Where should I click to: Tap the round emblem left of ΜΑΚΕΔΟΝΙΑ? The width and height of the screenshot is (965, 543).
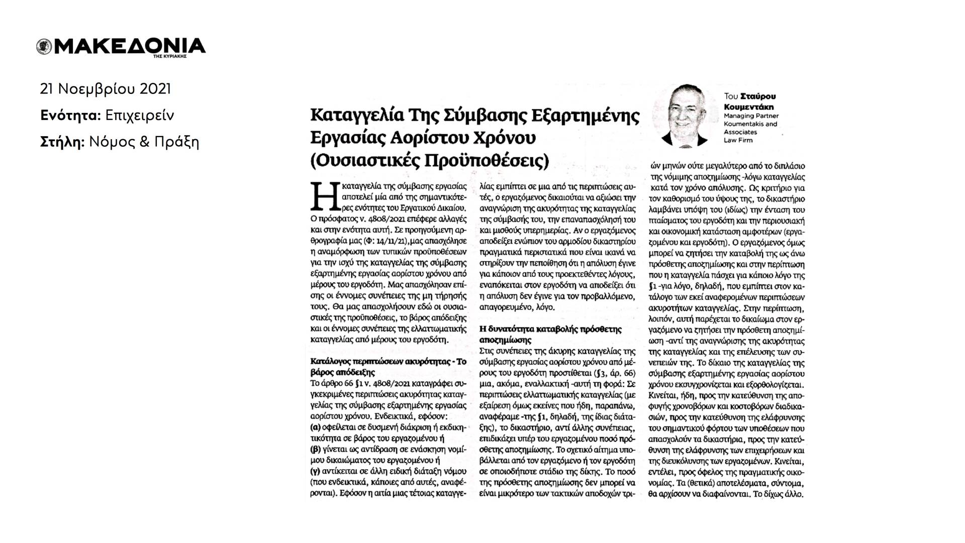tap(43, 47)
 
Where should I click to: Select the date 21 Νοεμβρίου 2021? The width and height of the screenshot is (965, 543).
tap(106, 89)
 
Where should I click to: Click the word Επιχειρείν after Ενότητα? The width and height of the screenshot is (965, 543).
tap(140, 116)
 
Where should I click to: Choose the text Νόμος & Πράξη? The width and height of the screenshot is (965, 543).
tap(144, 142)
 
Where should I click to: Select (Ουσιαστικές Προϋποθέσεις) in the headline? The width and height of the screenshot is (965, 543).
tap(429, 161)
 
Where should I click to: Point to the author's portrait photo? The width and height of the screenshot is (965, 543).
tap(684, 114)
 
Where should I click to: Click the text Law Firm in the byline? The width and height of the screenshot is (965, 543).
tap(738, 140)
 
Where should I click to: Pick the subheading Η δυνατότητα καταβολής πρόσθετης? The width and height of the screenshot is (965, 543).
tap(551, 330)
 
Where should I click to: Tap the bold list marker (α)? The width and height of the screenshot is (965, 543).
tap(316, 427)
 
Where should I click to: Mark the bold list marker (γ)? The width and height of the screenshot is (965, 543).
tap(316, 471)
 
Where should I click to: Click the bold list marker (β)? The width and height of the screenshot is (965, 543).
tap(316, 449)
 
